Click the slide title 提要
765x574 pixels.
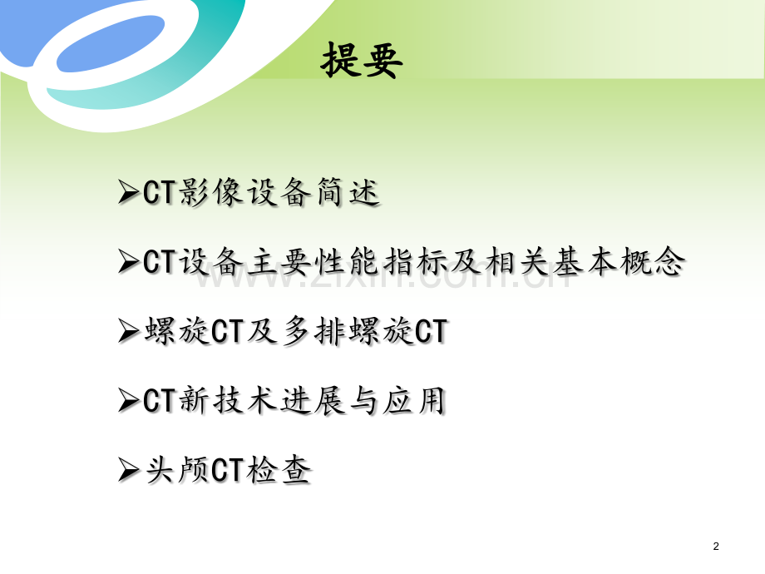362,61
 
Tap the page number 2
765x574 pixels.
717,546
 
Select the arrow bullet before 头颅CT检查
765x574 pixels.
129,472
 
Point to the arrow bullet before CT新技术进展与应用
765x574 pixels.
129,403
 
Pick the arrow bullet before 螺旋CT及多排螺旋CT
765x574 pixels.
129,333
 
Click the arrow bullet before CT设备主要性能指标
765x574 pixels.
129,264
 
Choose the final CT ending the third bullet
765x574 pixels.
430,332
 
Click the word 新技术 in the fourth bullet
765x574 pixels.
220,402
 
